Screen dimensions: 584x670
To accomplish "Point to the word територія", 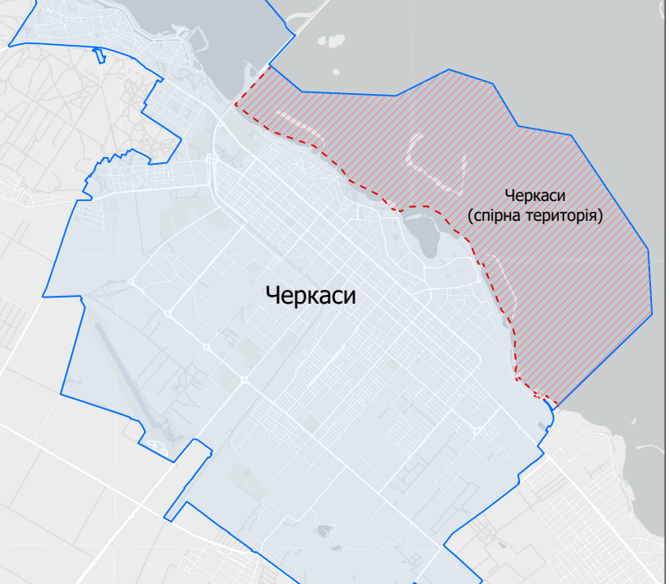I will (568, 215).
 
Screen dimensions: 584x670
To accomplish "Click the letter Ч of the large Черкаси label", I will (273, 296).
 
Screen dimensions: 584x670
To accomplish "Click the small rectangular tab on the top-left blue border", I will (99, 57).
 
